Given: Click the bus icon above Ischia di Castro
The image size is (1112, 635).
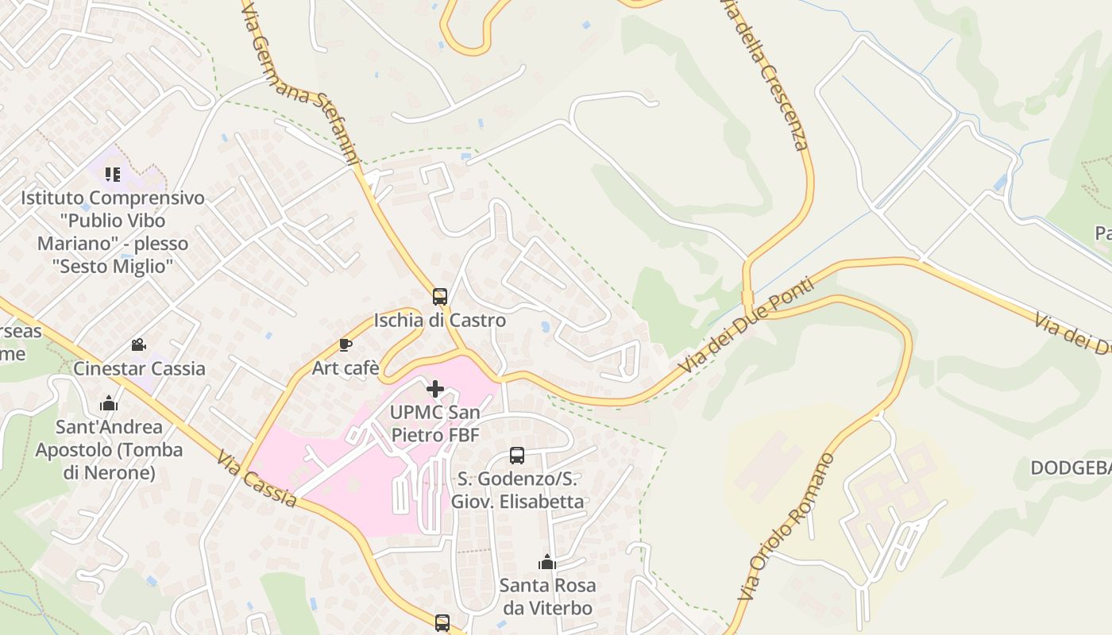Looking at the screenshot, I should click(439, 297).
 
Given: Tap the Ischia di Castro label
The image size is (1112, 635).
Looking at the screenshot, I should click(439, 321).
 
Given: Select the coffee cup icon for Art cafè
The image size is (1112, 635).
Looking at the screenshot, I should click(345, 344).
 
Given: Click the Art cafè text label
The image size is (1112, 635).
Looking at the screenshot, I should click(345, 368).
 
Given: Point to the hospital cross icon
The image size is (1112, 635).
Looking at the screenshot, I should click(435, 389).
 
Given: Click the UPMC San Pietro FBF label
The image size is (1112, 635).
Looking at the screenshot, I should click(435, 423).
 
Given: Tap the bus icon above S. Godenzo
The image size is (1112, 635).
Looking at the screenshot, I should click(517, 456).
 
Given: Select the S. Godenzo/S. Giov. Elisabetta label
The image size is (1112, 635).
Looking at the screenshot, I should click(517, 491).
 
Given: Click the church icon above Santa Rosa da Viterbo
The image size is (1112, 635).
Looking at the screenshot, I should click(546, 563).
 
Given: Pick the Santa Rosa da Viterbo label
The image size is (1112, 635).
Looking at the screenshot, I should click(546, 597).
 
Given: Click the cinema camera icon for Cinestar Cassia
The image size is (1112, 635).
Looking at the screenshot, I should click(139, 345).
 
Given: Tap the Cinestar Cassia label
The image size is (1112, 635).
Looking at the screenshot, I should click(139, 368).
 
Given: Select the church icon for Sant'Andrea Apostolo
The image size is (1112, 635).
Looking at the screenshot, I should click(109, 404).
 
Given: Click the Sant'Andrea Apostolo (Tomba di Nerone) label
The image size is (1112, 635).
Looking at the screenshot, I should click(109, 449).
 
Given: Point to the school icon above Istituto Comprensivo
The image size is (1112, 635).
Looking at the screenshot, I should click(112, 174).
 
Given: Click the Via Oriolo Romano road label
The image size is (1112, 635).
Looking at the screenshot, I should click(787, 525).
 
